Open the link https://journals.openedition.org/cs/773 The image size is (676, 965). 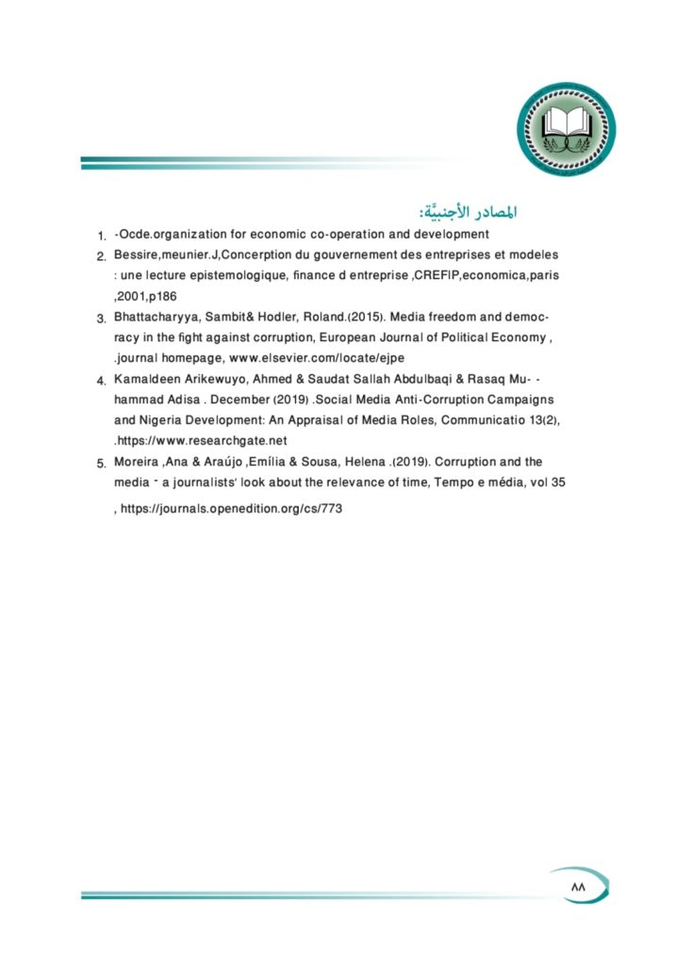230,508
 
